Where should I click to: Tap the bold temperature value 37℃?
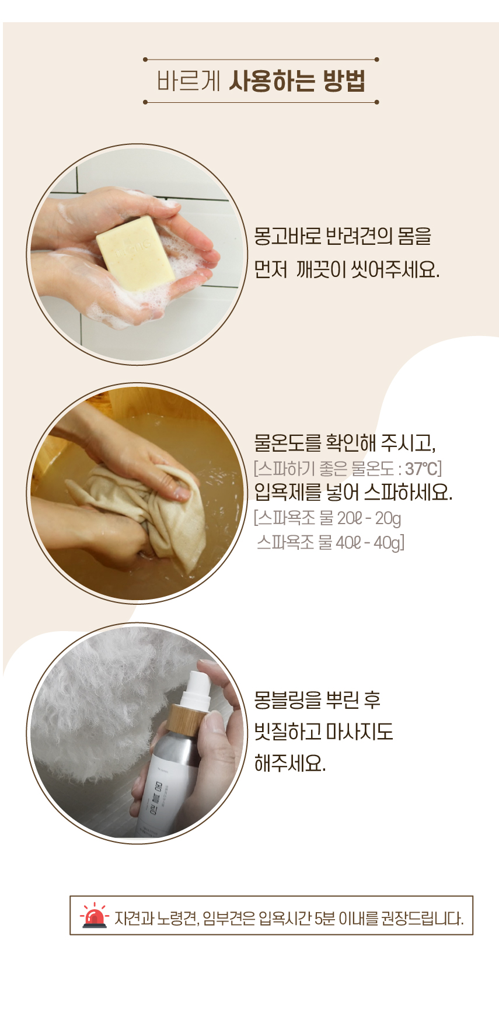click(421, 469)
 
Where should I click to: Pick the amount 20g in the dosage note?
click(388, 518)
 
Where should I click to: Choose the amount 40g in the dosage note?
click(388, 543)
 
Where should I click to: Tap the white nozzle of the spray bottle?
click(195, 687)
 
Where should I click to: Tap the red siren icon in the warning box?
click(95, 916)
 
